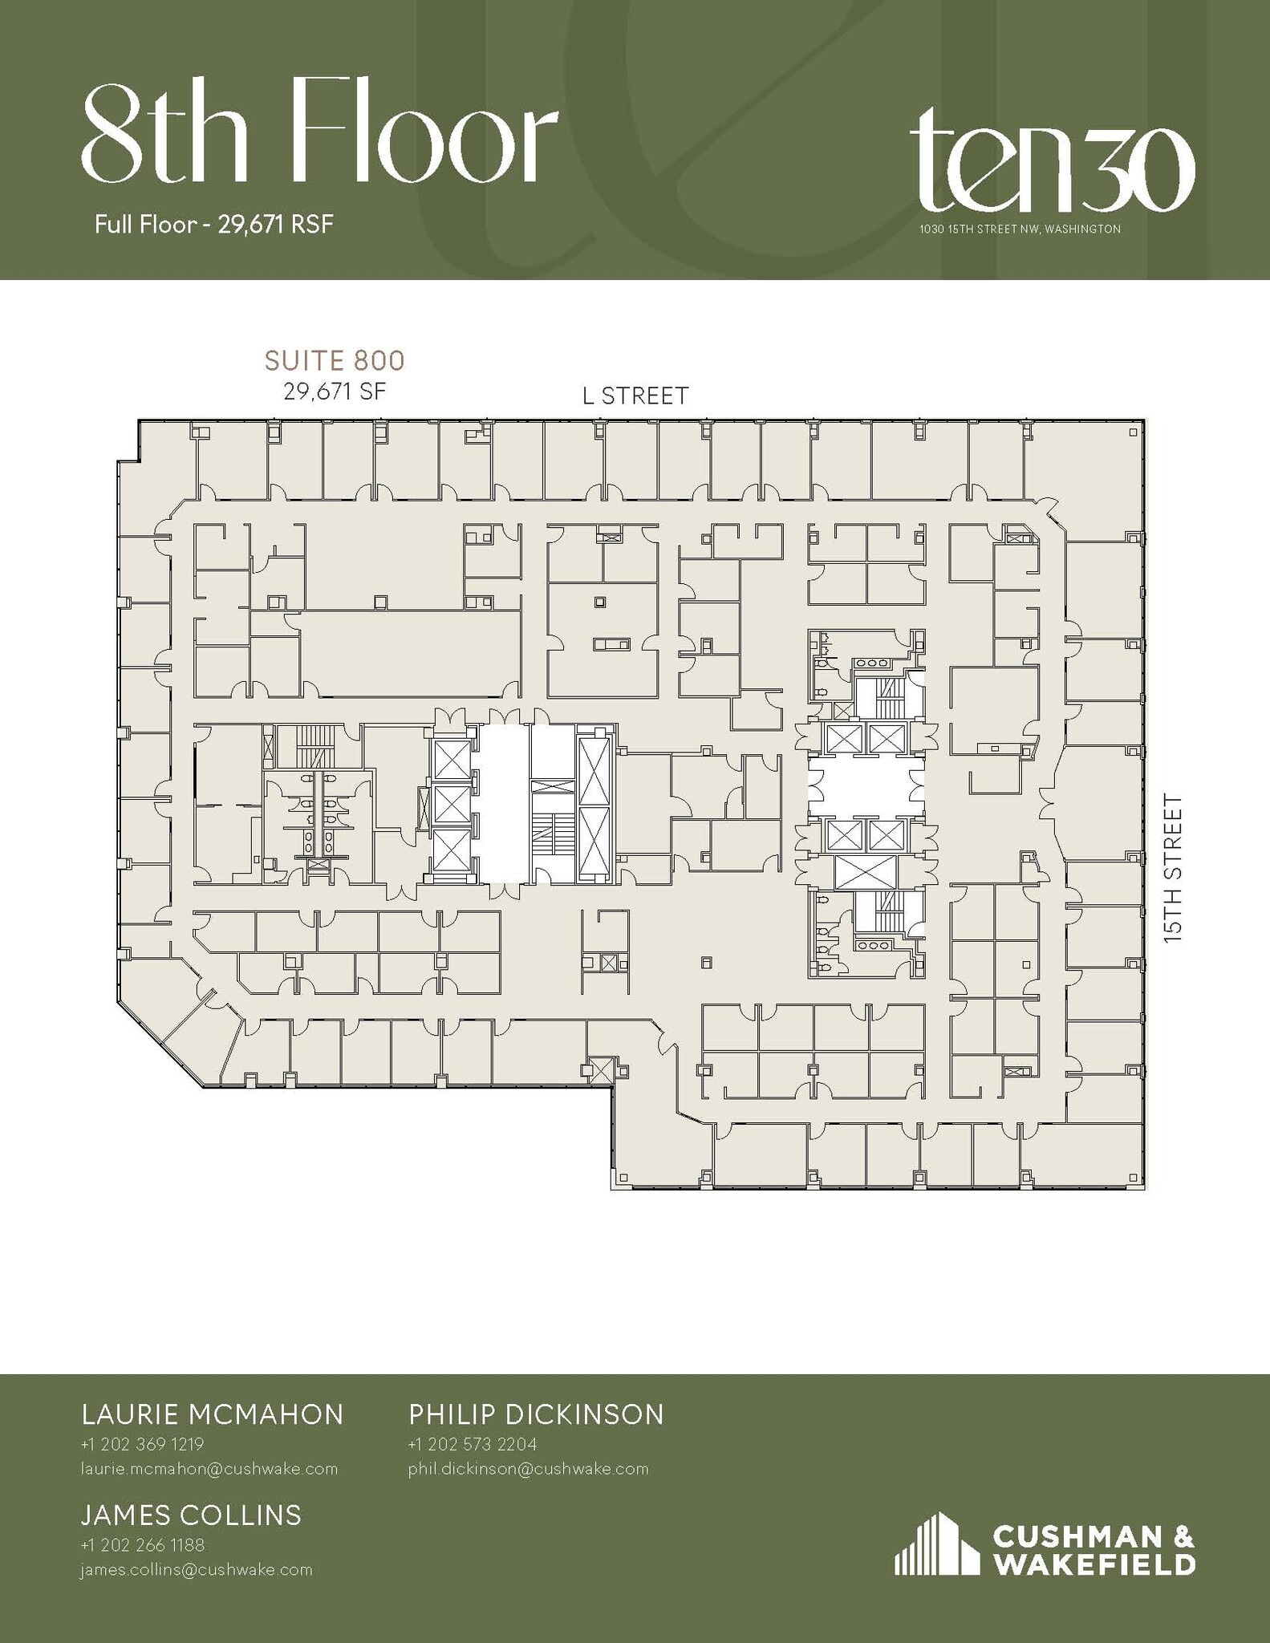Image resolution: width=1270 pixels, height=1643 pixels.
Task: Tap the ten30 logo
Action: (1052, 169)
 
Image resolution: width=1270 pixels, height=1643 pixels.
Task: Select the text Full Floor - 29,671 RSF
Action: (213, 225)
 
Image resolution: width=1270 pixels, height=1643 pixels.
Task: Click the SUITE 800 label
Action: (335, 361)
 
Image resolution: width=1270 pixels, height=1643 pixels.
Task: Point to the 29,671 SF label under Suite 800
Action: (335, 391)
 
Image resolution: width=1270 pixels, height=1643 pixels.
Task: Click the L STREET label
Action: (635, 396)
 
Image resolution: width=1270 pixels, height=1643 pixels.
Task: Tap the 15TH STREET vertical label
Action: (1173, 867)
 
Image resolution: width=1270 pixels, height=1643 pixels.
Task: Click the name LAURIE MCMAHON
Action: (213, 1414)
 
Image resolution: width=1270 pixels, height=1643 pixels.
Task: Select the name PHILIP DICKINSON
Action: (536, 1414)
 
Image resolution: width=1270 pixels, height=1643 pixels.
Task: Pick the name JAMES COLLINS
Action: (191, 1515)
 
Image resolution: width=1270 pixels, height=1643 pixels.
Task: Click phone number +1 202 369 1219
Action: (142, 1444)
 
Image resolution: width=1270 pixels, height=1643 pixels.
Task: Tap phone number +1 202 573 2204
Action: (472, 1444)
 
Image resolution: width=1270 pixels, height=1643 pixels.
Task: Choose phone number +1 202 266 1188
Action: (142, 1545)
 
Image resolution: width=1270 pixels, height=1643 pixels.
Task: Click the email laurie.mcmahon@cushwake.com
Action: (209, 1469)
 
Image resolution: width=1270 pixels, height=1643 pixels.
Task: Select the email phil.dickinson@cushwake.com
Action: (528, 1469)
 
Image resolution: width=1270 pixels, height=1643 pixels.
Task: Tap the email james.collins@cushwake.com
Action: (196, 1570)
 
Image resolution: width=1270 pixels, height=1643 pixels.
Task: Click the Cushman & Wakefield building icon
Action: (936, 1544)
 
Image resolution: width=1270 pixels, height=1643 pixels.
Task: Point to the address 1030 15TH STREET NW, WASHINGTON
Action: (1020, 229)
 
